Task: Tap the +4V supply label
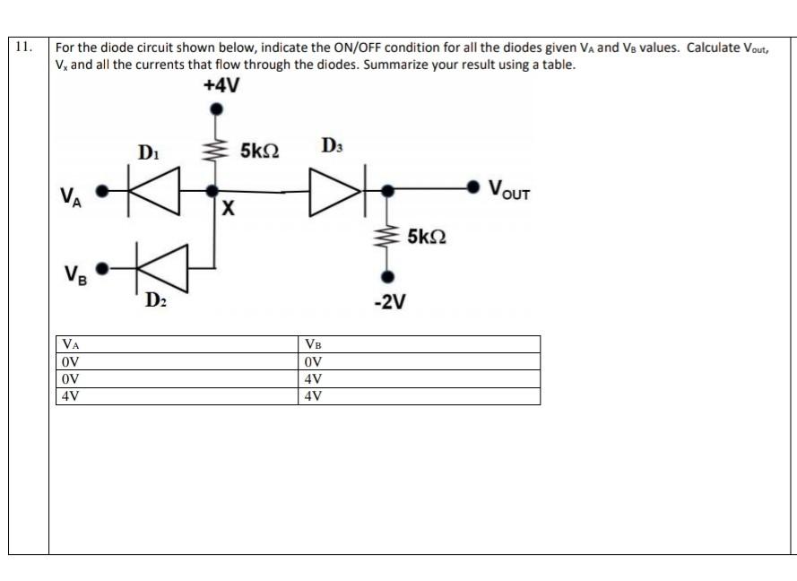point(221,86)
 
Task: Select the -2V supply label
point(389,302)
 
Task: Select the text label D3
point(331,144)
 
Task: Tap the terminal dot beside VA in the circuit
point(103,191)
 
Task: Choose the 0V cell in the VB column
point(313,362)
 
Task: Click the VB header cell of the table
point(313,345)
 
